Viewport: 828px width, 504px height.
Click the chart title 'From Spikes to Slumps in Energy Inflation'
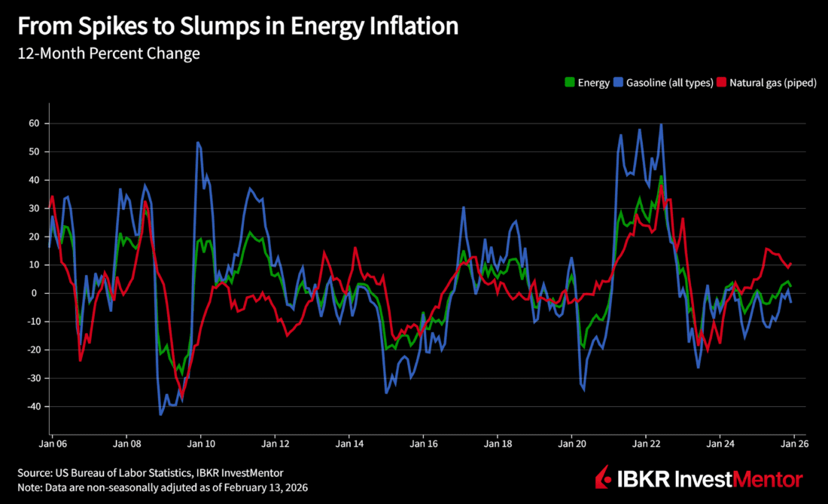point(237,26)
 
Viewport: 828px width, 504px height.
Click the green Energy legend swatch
point(569,83)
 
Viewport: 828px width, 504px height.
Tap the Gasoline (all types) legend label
point(669,83)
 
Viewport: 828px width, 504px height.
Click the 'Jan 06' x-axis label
point(52,445)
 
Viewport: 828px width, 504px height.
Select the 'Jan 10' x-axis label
point(200,445)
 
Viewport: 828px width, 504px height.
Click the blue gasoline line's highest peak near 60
point(661,124)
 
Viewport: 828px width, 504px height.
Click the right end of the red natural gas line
point(790,264)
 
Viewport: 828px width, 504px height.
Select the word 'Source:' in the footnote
point(35,473)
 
